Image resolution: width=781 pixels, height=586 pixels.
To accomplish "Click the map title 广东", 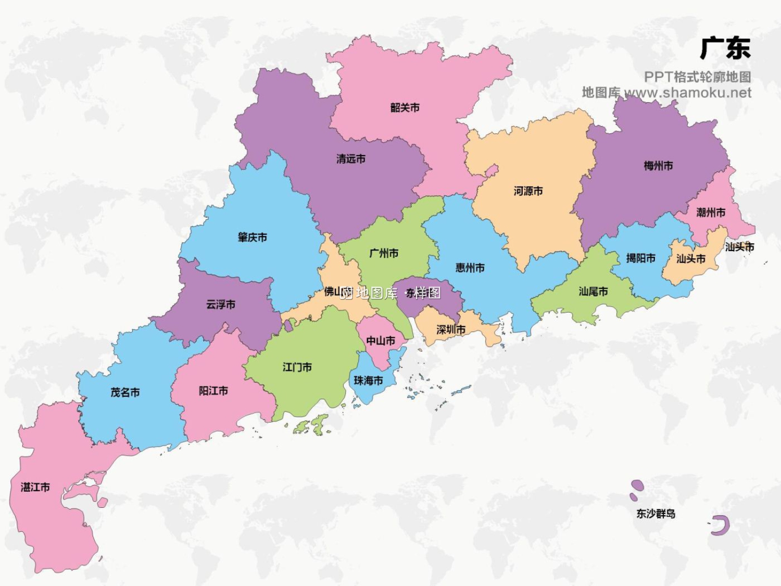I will [725, 48].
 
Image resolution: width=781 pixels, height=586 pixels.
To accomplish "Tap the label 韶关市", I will [405, 108].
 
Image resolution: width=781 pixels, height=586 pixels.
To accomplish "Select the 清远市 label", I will [350, 159].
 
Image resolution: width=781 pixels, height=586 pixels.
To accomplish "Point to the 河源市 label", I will [528, 191].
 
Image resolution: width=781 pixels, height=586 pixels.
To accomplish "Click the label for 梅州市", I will [658, 166].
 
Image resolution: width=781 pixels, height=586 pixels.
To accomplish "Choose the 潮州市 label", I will [710, 213].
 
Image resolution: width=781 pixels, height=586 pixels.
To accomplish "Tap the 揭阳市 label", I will [640, 258].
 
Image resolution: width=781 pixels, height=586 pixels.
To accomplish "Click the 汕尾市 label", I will [593, 292].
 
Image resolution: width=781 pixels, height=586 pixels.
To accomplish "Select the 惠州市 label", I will [470, 268].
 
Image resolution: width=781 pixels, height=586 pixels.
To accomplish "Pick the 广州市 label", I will [384, 253].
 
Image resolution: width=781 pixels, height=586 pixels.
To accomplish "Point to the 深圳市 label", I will [450, 330].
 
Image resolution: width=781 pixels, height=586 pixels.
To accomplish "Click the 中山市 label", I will [380, 341].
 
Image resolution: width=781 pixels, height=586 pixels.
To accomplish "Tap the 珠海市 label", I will [368, 381].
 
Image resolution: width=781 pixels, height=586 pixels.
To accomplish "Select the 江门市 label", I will [297, 367].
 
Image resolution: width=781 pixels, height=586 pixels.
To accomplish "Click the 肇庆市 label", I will [252, 238].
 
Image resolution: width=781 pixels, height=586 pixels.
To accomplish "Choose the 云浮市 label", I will [220, 304].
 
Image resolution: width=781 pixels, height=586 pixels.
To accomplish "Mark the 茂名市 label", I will [125, 392].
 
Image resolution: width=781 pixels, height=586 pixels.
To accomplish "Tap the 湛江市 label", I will [35, 487].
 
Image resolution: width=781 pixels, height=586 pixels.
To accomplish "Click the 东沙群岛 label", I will [656, 514].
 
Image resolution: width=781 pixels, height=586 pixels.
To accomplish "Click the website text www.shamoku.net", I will [687, 93].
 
